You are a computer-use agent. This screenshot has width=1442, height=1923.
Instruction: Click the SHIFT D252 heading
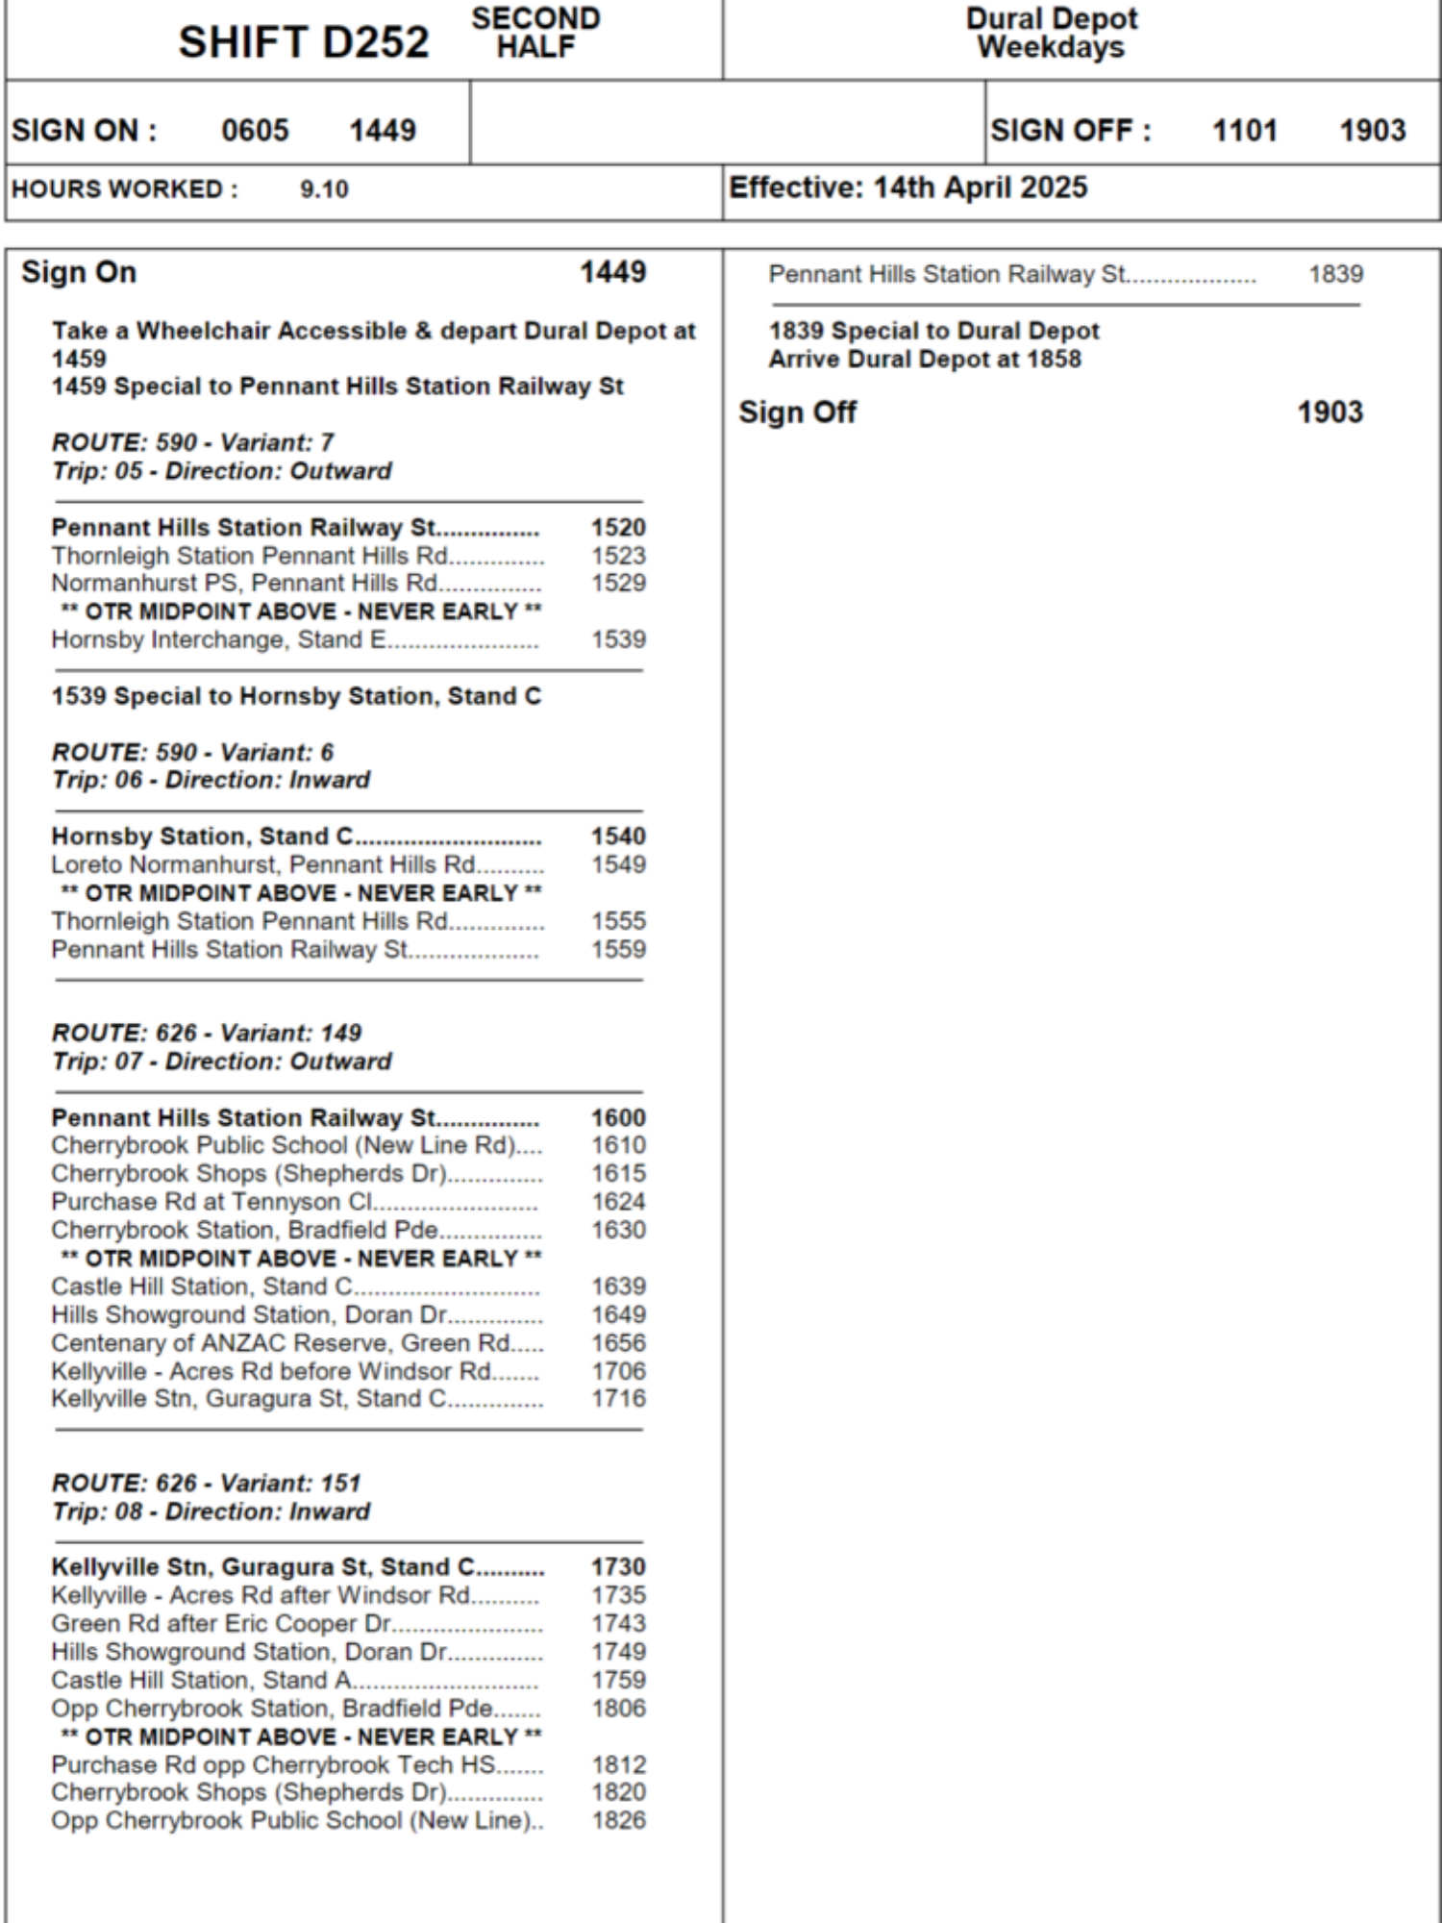pyautogui.click(x=303, y=42)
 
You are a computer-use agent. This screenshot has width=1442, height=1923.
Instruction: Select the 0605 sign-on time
pyautogui.click(x=255, y=130)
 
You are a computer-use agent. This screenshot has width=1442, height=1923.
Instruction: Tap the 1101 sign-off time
pyautogui.click(x=1245, y=130)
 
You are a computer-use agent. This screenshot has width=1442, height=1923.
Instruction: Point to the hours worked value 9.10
pyautogui.click(x=324, y=189)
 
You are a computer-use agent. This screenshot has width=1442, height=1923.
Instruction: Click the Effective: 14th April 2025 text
pyautogui.click(x=907, y=187)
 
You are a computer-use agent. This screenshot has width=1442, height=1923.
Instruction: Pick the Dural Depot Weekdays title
pyautogui.click(x=1051, y=33)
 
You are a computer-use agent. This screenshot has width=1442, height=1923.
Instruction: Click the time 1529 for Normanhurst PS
pyautogui.click(x=618, y=584)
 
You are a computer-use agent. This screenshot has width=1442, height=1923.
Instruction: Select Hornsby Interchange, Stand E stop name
pyautogui.click(x=218, y=640)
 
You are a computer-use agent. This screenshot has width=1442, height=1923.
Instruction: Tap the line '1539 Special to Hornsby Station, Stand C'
pyautogui.click(x=296, y=696)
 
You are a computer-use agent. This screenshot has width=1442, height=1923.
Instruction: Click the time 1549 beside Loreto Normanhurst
pyautogui.click(x=618, y=864)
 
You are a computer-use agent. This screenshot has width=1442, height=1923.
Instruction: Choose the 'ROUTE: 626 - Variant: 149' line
pyautogui.click(x=207, y=1033)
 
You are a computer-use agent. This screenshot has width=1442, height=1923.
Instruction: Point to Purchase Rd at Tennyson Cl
pyautogui.click(x=211, y=1202)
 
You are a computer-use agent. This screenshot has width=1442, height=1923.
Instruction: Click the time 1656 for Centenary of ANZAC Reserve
pyautogui.click(x=618, y=1343)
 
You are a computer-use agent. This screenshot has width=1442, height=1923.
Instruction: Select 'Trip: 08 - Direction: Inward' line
pyautogui.click(x=211, y=1511)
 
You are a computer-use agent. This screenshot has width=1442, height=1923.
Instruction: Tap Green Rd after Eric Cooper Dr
pyautogui.click(x=221, y=1624)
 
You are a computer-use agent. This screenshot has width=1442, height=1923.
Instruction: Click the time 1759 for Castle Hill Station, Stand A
pyautogui.click(x=618, y=1680)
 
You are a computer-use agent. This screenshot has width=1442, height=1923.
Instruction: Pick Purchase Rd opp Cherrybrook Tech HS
pyautogui.click(x=273, y=1765)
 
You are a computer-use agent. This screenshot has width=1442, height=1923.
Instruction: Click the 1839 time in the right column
pyautogui.click(x=1335, y=275)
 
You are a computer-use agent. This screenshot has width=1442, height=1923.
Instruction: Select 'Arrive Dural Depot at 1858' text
pyautogui.click(x=925, y=360)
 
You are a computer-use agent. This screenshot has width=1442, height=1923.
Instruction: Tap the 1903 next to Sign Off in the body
pyautogui.click(x=1330, y=412)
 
